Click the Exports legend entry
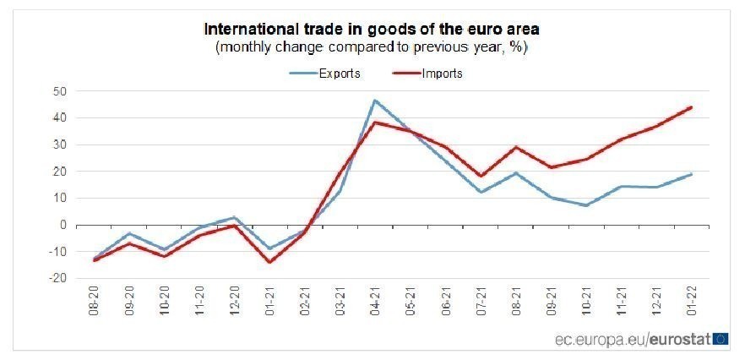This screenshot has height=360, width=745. pyautogui.click(x=339, y=73)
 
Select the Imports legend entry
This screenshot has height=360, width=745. pyautogui.click(x=442, y=73)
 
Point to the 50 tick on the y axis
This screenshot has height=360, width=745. pyautogui.click(x=60, y=91)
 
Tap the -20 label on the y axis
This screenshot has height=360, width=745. pyautogui.click(x=58, y=278)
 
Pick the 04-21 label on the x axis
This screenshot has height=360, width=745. pyautogui.click(x=375, y=301)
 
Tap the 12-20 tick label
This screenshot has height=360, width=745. pyautogui.click(x=234, y=301)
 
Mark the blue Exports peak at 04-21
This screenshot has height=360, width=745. pyautogui.click(x=375, y=101)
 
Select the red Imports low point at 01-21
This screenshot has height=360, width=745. pyautogui.click(x=269, y=262)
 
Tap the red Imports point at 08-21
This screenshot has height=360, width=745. pyautogui.click(x=516, y=147)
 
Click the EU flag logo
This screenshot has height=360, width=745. pyautogui.click(x=721, y=339)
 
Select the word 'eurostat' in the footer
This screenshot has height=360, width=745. pyautogui.click(x=681, y=339)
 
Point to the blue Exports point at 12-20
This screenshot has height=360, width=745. pyautogui.click(x=234, y=217)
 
